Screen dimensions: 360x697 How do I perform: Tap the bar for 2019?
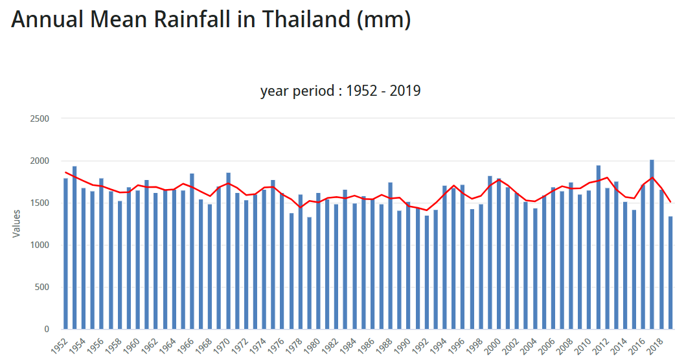click(670, 273)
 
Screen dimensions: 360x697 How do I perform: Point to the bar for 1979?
click(310, 273)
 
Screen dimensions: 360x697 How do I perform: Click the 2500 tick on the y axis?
click(40, 119)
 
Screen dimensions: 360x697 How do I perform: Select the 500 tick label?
click(43, 287)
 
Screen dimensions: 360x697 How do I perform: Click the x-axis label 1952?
click(60, 343)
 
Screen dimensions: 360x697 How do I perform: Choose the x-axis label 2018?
click(656, 343)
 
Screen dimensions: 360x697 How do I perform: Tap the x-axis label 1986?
click(367, 343)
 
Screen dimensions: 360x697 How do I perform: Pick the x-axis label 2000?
click(494, 343)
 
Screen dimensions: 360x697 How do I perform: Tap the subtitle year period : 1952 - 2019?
click(340, 91)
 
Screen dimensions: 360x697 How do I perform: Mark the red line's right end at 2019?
click(670, 202)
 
